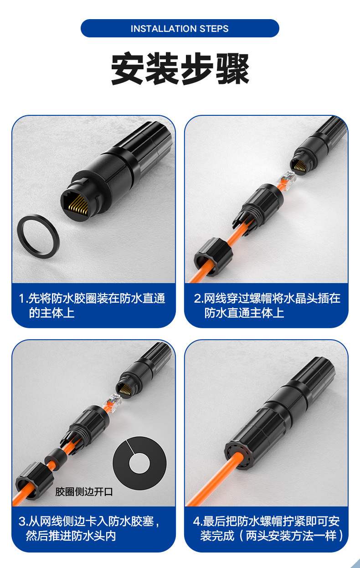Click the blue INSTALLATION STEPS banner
pos(180,29)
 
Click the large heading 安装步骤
pos(180,69)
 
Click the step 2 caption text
pos(267,305)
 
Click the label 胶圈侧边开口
pos(84,491)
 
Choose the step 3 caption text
pos(89,528)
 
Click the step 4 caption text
pos(267,528)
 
